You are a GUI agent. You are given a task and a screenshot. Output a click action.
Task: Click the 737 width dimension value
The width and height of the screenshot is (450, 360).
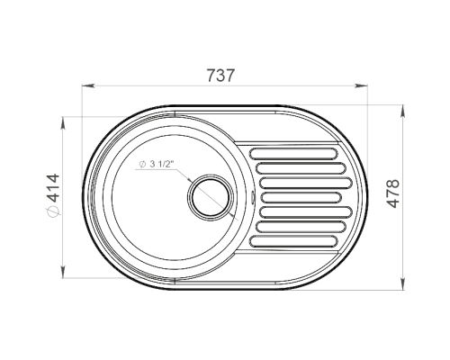tap(220, 76)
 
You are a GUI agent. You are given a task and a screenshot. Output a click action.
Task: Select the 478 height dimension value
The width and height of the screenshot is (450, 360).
tap(392, 193)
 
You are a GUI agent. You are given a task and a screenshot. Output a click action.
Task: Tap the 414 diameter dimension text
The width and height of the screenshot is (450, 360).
tap(53, 188)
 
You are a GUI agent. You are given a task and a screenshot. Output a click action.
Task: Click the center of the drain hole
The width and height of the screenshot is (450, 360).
tap(211, 197)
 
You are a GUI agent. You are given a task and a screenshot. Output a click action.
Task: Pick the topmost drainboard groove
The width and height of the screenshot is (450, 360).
tap(294, 153)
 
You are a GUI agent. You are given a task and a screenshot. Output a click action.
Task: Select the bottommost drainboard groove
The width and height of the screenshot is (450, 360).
tap(294, 242)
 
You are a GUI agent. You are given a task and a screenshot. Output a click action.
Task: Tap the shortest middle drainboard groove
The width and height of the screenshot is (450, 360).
tap(301, 197)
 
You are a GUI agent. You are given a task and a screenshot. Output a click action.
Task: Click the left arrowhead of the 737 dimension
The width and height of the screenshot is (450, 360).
tap(88, 85)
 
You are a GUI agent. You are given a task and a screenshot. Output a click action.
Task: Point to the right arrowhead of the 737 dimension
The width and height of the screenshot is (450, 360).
tap(362, 85)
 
